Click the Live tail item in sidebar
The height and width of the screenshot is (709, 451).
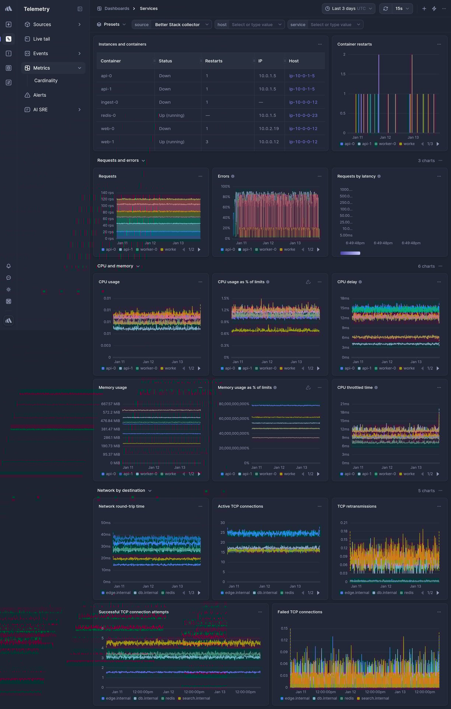(41, 39)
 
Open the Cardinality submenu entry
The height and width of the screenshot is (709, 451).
(46, 81)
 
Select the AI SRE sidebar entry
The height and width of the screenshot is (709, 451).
(40, 110)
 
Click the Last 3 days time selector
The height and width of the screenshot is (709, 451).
(348, 8)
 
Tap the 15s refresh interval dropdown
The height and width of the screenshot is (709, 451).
(402, 8)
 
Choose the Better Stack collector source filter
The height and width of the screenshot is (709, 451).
(177, 25)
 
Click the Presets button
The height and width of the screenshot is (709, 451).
(111, 25)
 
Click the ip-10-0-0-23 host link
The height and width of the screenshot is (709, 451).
(303, 115)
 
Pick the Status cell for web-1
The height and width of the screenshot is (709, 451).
(171, 142)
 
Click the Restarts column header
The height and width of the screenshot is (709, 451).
(213, 61)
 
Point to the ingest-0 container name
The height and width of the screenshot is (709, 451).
(109, 102)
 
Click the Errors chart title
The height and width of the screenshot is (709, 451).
(223, 177)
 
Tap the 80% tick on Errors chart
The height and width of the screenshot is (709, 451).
(226, 197)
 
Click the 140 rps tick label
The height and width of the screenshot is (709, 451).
(107, 193)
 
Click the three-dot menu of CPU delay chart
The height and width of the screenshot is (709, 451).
(439, 282)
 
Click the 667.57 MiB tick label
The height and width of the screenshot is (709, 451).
(111, 404)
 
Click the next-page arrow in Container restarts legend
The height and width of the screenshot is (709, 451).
(438, 144)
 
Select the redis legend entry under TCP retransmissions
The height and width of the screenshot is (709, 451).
(408, 593)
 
